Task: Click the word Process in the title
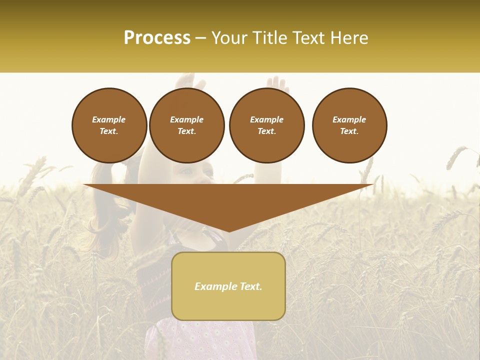pyautogui.click(x=157, y=37)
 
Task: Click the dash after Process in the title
pyautogui.click(x=201, y=38)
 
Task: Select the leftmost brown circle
pyautogui.click(x=109, y=125)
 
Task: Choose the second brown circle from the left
pyautogui.click(x=186, y=125)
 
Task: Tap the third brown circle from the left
pyautogui.click(x=266, y=125)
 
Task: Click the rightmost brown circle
pyautogui.click(x=349, y=125)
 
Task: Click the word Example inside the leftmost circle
pyautogui.click(x=109, y=119)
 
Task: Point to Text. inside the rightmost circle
pyautogui.click(x=349, y=131)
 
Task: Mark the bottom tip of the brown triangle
pyautogui.click(x=228, y=231)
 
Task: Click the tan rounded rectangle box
pyautogui.click(x=228, y=285)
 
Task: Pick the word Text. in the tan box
pyautogui.click(x=250, y=286)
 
